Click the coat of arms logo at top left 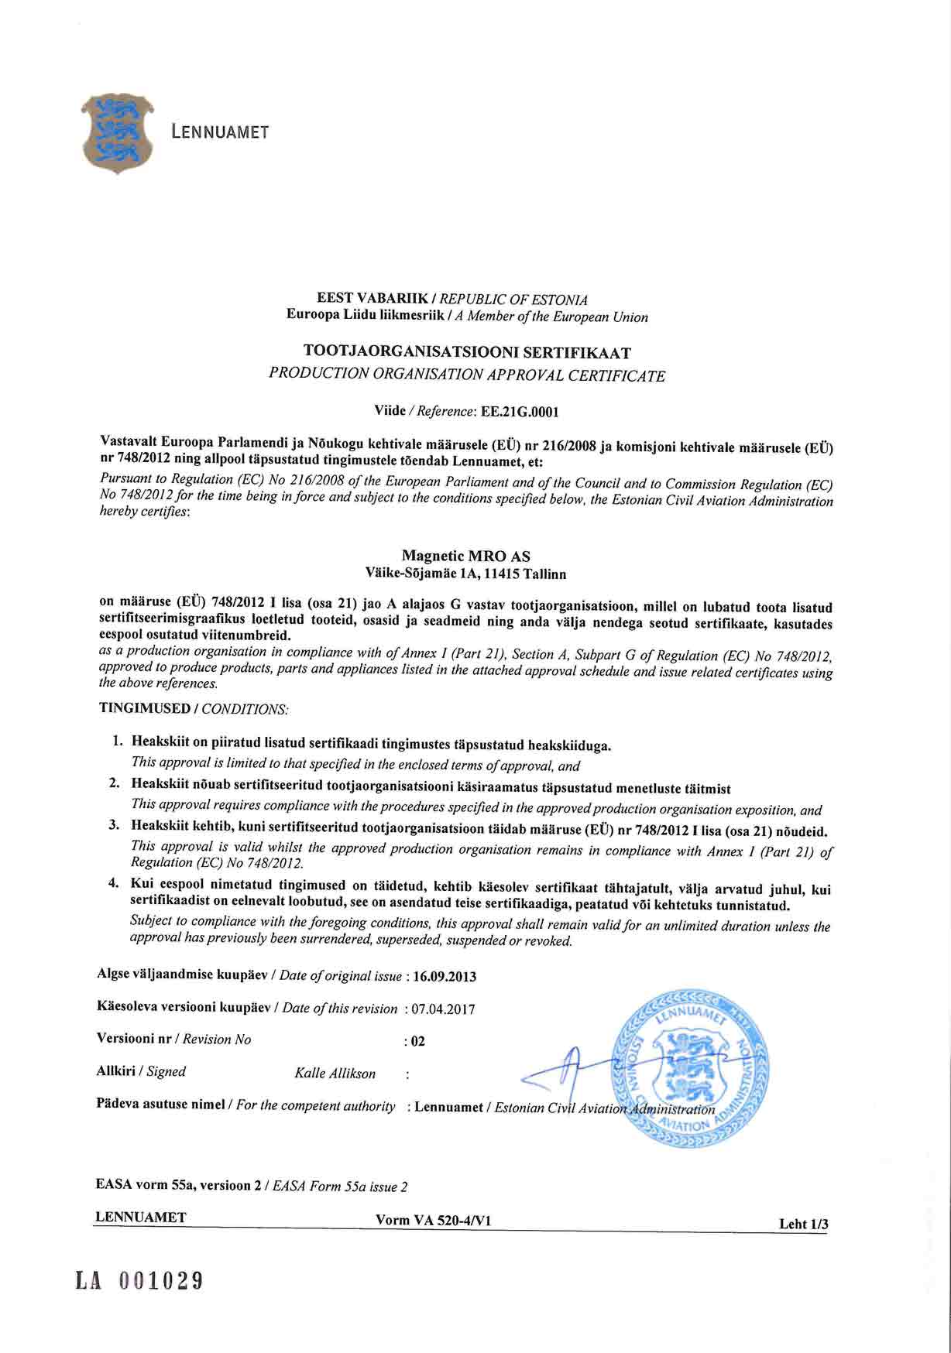(x=117, y=133)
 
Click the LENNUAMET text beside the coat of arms (x=220, y=132)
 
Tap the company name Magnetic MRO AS (x=466, y=556)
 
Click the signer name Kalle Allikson (x=335, y=1074)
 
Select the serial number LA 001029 (x=139, y=1281)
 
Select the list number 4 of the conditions (x=113, y=882)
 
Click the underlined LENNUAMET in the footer (x=140, y=1218)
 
